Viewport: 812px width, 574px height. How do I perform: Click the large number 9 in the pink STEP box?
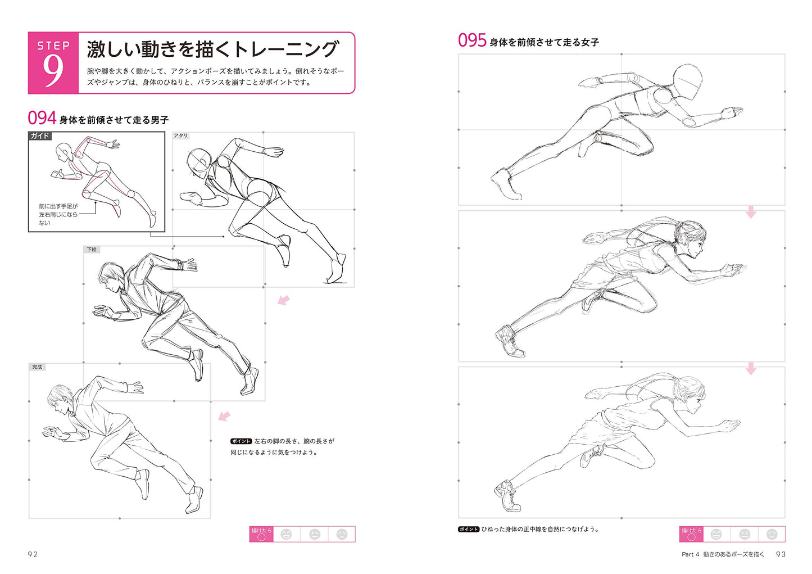53,71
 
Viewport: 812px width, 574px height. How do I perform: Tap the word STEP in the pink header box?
53,46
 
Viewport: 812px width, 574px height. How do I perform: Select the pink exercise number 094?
42,118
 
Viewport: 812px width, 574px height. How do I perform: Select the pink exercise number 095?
472,40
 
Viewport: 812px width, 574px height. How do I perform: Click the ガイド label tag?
40,135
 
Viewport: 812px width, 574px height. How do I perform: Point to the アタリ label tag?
180,135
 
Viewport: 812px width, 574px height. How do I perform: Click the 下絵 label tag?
92,250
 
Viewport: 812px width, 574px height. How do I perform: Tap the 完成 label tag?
37,367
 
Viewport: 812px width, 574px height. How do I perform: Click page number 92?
33,554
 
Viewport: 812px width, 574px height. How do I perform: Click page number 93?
781,554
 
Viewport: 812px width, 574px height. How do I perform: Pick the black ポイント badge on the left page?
241,441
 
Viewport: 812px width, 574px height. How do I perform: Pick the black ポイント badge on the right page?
469,530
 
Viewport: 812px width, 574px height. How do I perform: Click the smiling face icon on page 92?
287,534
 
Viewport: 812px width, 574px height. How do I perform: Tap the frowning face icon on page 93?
772,534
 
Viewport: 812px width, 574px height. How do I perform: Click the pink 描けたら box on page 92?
261,534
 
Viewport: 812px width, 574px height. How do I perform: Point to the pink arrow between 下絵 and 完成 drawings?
224,416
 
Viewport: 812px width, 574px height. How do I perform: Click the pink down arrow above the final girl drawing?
751,368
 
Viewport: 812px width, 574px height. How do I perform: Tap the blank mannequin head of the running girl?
688,82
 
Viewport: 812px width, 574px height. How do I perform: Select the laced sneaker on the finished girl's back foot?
507,495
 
